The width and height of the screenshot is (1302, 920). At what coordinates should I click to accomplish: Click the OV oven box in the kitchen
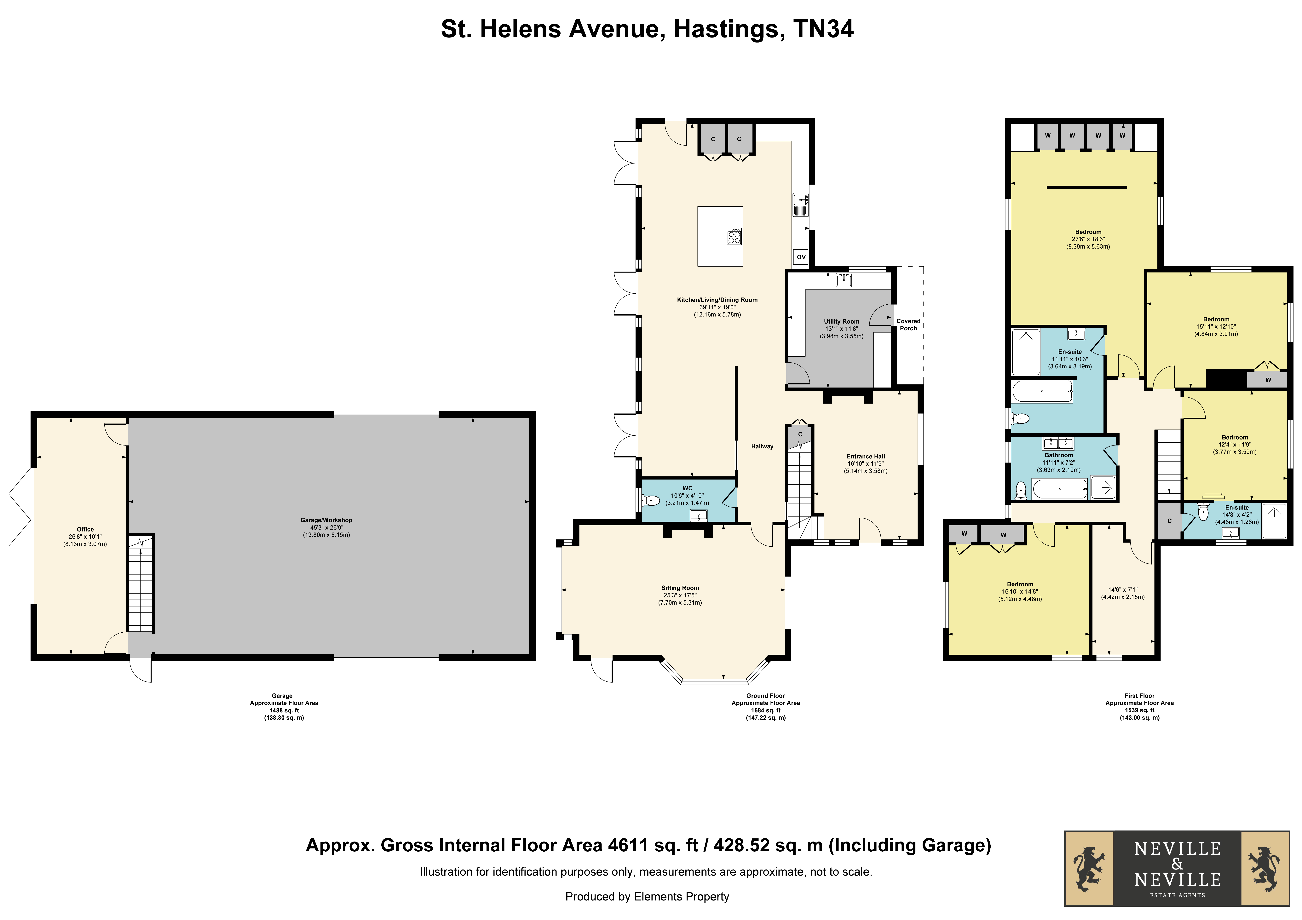(x=801, y=257)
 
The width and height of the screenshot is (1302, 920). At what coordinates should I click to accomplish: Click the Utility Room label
(x=842, y=322)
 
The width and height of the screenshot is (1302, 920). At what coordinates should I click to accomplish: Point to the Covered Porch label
(x=908, y=325)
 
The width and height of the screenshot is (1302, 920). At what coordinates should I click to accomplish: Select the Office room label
(x=85, y=529)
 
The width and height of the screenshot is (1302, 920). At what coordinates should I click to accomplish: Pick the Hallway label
(x=762, y=446)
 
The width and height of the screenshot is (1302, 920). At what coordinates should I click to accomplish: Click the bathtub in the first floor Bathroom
(x=1059, y=488)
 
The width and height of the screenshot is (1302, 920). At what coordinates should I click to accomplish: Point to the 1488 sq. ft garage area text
(x=284, y=710)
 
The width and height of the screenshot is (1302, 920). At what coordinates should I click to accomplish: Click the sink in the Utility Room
(x=844, y=280)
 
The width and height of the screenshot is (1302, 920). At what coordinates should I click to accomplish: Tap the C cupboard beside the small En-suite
(x=1169, y=521)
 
